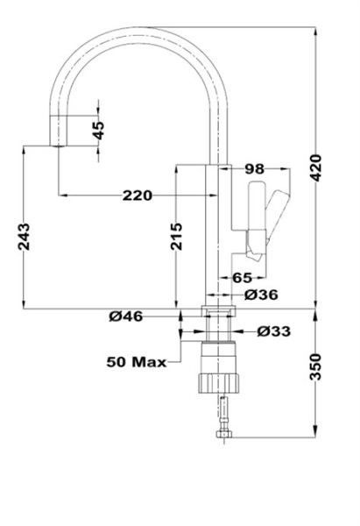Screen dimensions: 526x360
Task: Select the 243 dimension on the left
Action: coord(24,238)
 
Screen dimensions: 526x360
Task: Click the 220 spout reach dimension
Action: coord(137,195)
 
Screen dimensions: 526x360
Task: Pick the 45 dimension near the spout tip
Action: coord(98,130)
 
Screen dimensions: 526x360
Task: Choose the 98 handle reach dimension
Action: coord(255,168)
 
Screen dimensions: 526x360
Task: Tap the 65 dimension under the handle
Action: coord(243,277)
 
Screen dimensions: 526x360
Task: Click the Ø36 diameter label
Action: coord(261,295)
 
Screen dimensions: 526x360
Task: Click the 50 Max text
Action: coord(137,360)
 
